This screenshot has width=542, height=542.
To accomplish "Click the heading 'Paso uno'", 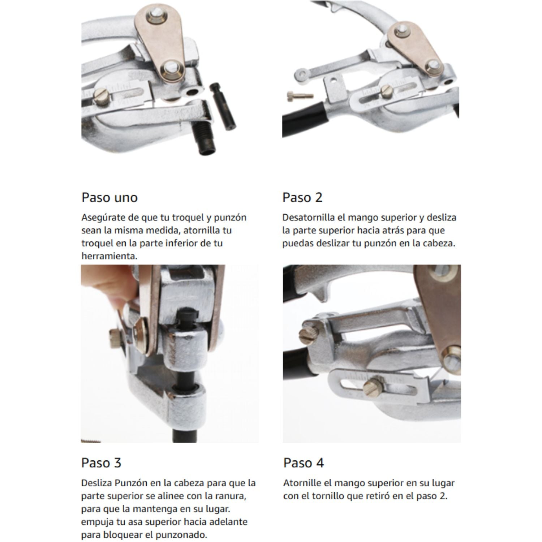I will point(109,197).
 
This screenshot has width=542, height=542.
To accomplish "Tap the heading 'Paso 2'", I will point(302,197).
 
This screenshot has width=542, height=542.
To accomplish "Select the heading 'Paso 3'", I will point(101,463).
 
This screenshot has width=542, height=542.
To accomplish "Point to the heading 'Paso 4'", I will point(303,463).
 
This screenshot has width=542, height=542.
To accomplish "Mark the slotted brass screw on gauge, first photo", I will point(100,96).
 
